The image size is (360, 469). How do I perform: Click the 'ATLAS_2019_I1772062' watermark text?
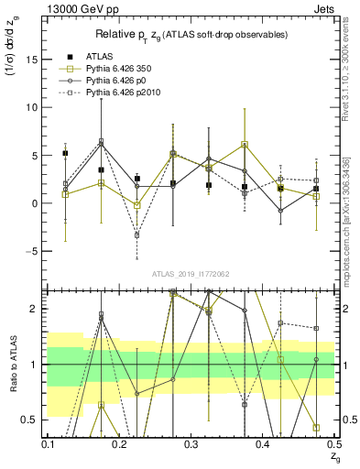(191, 274)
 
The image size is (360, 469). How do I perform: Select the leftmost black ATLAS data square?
(65, 154)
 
